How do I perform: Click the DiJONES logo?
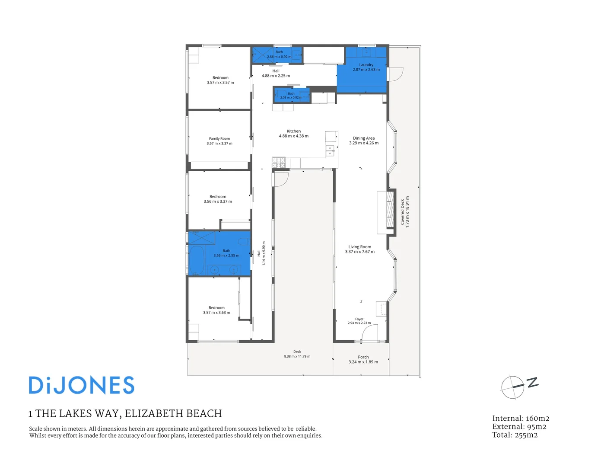pos(82,385)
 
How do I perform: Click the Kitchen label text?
pos(293,131)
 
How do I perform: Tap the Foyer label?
pos(359,319)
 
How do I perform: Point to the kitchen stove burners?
pos(279,163)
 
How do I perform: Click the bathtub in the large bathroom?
pos(197,260)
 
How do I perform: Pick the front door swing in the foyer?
pos(369,332)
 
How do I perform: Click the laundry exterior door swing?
pos(395,74)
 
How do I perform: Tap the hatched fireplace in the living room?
pos(390,208)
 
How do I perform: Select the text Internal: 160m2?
pos(521,418)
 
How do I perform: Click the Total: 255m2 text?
pos(515,435)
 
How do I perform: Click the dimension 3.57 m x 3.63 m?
pos(216,312)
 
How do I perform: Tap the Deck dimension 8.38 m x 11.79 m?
pos(297,356)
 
